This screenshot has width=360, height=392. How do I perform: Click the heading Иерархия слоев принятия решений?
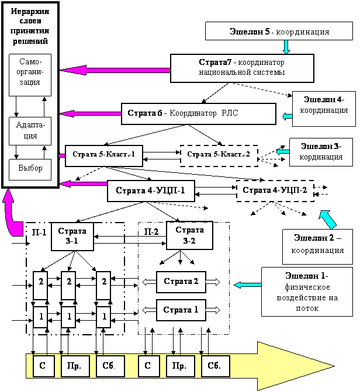[30, 26]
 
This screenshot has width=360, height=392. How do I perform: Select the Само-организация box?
[30, 75]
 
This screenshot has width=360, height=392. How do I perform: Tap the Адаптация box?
[30, 131]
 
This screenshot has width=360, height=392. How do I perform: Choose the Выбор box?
[30, 169]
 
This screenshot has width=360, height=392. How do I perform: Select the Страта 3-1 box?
[72, 236]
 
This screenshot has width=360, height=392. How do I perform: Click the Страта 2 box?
[181, 282]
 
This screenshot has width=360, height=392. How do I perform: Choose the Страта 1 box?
[181, 310]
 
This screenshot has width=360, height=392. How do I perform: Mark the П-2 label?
[151, 232]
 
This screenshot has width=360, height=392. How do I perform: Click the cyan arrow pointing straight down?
[286, 47]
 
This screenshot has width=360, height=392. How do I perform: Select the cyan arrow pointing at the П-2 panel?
[248, 285]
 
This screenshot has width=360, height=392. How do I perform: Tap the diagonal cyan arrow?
[328, 219]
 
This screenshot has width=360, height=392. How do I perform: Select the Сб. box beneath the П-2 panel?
[216, 366]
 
